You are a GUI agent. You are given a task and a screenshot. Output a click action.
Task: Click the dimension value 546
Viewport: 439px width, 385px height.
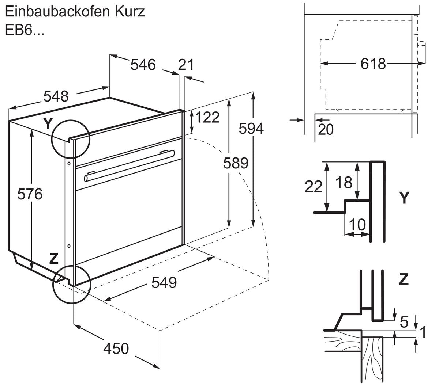pos(143,65)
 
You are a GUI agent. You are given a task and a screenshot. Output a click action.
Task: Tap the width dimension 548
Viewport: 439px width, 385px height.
pos(56,96)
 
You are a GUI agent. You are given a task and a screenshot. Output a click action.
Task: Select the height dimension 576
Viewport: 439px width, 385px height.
pos(30,194)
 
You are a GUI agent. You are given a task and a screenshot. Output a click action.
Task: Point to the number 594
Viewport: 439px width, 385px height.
pos(251,129)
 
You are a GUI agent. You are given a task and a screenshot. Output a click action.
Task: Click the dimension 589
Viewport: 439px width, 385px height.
pos(236,163)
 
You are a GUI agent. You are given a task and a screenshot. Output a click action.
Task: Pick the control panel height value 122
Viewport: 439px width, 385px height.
pos(207,118)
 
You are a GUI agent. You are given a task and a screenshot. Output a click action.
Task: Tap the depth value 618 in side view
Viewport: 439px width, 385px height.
pos(373,64)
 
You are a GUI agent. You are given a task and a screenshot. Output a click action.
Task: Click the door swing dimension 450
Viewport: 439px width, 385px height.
pos(116,348)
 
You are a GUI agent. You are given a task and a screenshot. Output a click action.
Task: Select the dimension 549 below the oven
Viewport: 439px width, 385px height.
pos(164,283)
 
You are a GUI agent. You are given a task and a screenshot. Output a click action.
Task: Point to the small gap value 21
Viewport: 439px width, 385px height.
pos(186,65)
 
